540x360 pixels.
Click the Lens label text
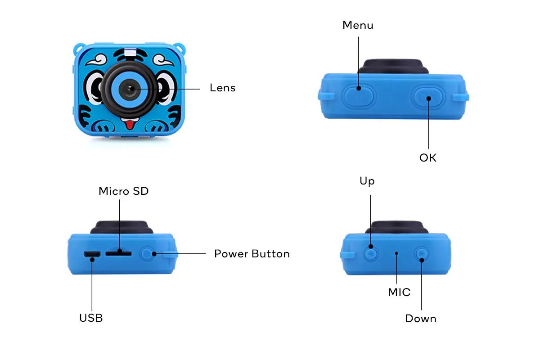click(222, 88)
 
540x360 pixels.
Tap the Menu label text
click(358, 25)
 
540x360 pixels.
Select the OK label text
click(427, 158)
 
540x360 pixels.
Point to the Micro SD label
click(123, 191)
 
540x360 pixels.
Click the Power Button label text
click(252, 254)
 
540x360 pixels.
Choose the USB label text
click(91, 318)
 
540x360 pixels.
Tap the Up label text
click(367, 181)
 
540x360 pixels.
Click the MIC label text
click(399, 292)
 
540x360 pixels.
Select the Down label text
click(420, 319)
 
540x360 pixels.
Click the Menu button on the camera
click(359, 95)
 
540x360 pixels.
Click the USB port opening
click(91, 255)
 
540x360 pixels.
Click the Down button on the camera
click(421, 254)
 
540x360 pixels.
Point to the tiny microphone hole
click(396, 253)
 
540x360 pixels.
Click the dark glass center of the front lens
click(130, 89)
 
